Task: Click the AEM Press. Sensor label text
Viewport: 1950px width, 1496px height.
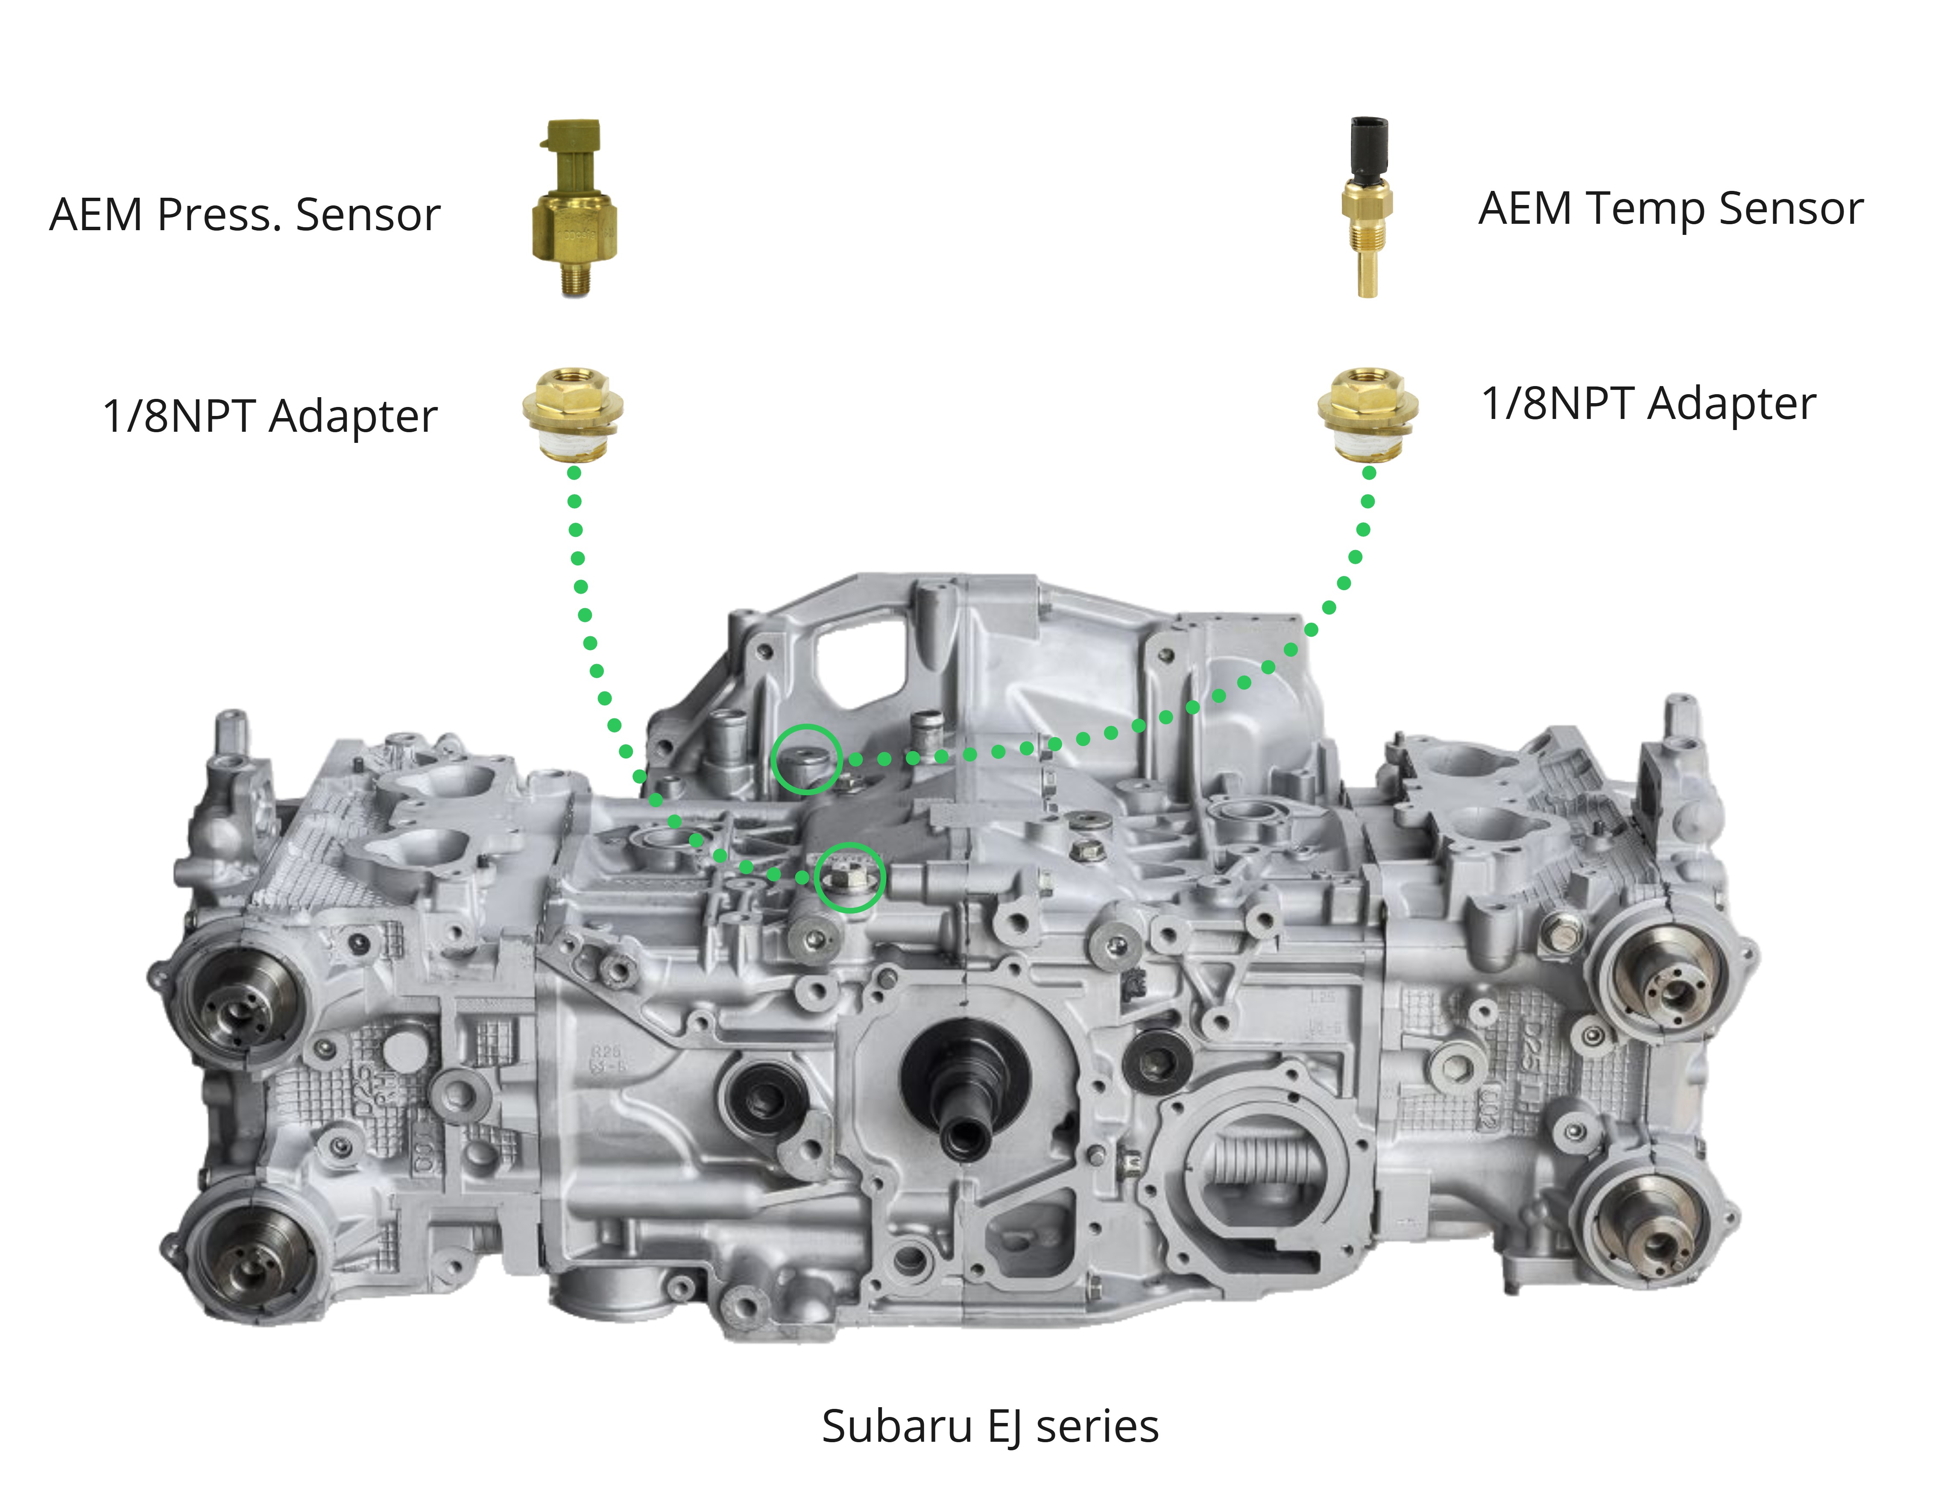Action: point(245,215)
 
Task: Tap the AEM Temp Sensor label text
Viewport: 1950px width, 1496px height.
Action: point(1670,209)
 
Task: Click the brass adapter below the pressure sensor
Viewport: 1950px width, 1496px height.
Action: point(573,414)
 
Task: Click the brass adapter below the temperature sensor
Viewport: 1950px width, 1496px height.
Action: point(1367,414)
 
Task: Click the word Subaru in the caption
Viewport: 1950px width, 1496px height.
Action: point(897,1426)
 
